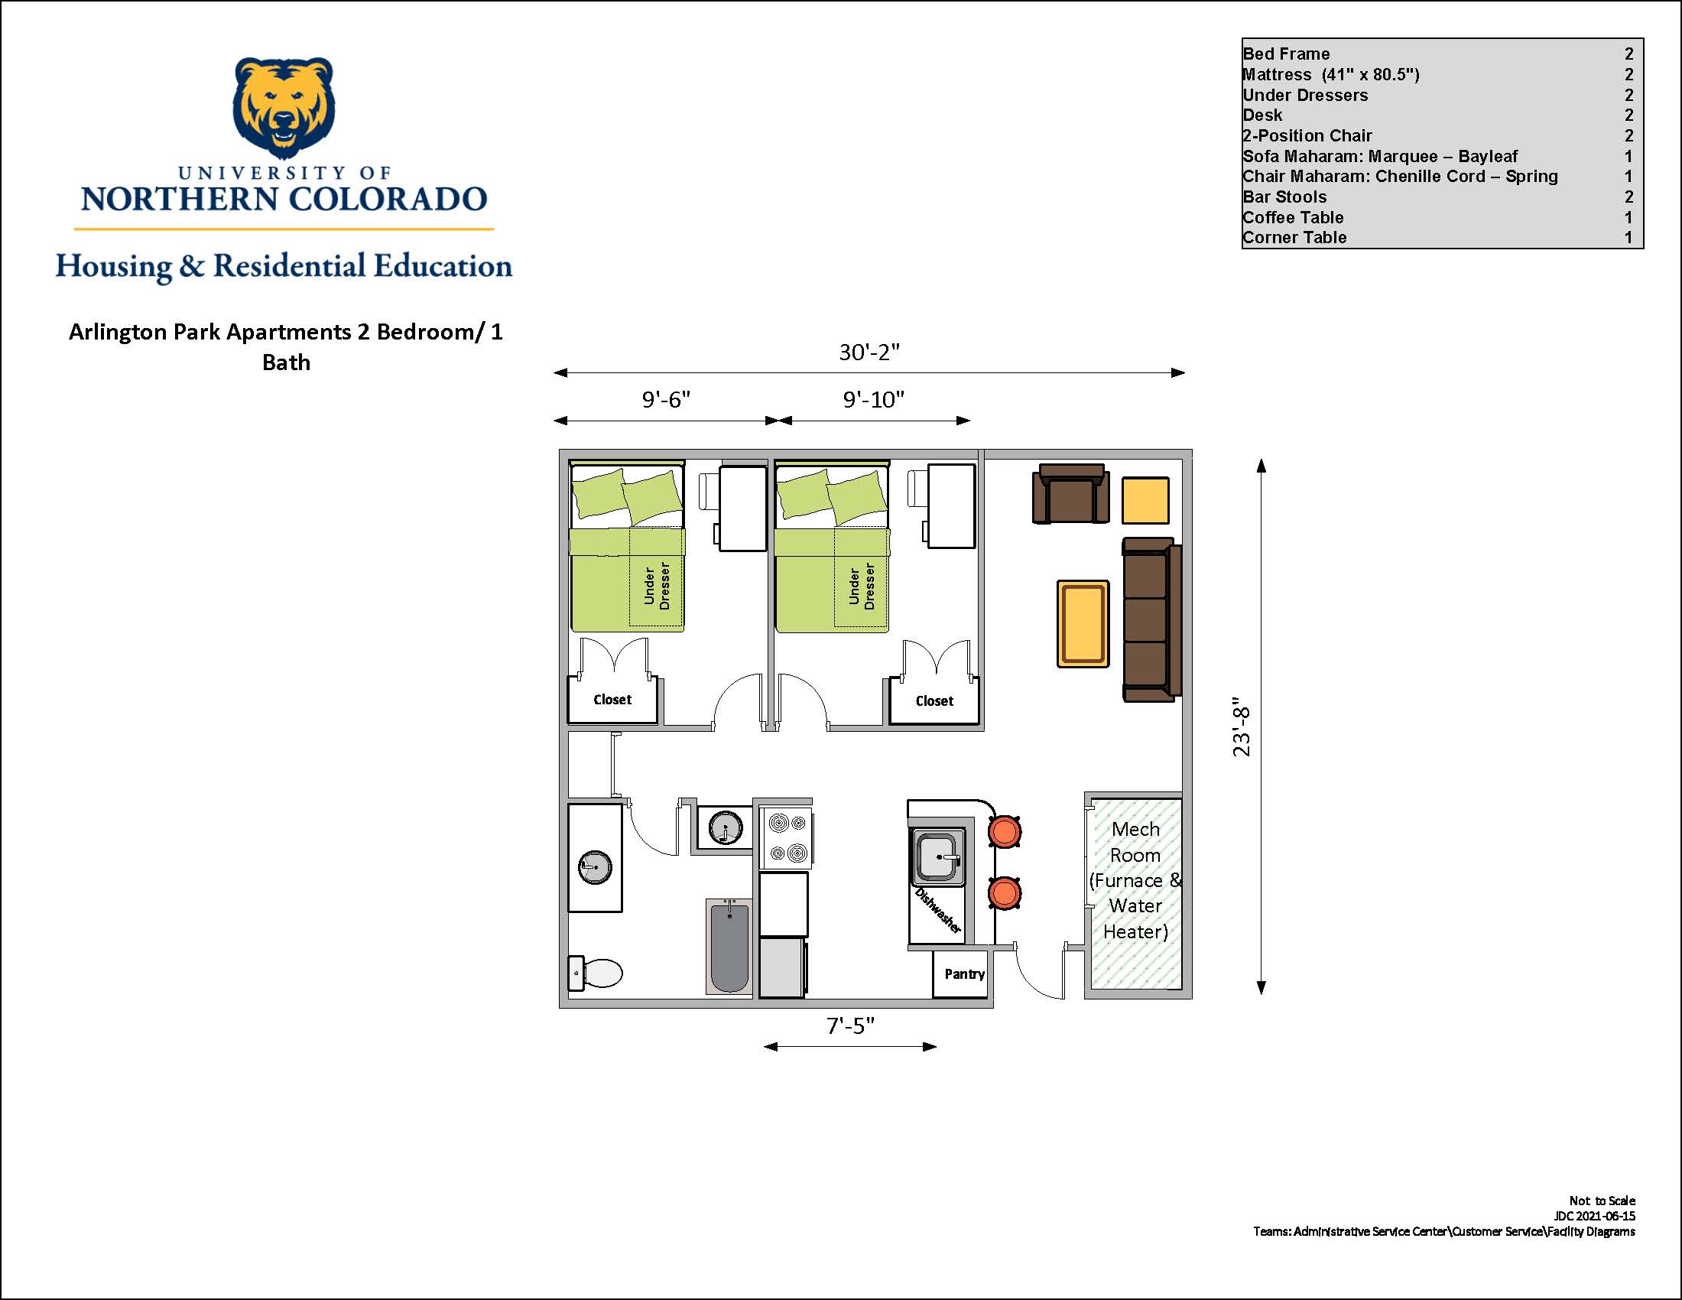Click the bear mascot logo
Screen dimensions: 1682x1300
click(x=284, y=107)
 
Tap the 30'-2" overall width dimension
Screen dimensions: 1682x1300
click(x=869, y=352)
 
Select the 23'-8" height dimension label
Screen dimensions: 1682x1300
click(x=1242, y=727)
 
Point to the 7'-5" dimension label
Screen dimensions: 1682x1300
click(x=850, y=1025)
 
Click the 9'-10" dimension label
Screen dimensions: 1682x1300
click(x=873, y=399)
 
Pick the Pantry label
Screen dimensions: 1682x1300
click(x=964, y=974)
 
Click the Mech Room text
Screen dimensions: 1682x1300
click(x=1135, y=842)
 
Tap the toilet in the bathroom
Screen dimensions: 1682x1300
click(x=596, y=973)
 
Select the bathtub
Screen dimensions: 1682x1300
click(x=729, y=947)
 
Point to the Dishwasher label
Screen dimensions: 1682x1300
click(x=938, y=910)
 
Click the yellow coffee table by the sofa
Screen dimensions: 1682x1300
click(x=1083, y=624)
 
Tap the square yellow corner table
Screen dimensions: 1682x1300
click(x=1145, y=501)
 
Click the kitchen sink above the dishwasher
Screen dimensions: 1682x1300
click(x=938, y=856)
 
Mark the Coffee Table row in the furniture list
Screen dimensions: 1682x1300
click(x=1437, y=217)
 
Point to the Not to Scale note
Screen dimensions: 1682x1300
click(x=1602, y=1201)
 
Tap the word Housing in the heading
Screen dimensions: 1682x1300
click(x=114, y=266)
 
